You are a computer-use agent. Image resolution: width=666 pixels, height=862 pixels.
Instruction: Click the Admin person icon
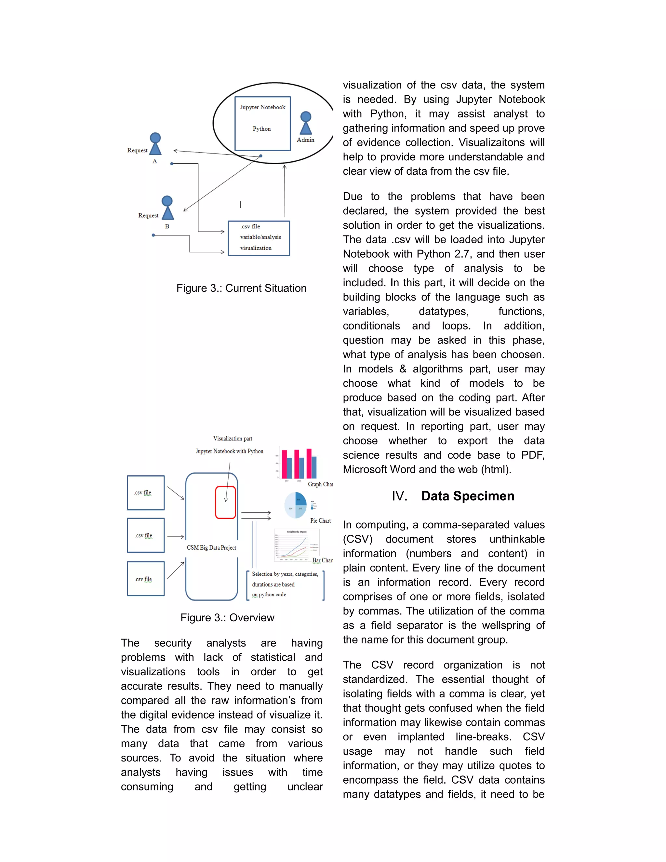[306, 123]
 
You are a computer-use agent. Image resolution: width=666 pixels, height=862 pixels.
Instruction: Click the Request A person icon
[155, 144]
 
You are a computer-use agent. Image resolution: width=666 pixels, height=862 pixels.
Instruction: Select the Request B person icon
[167, 208]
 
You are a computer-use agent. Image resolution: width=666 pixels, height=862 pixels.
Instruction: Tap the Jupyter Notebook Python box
[262, 123]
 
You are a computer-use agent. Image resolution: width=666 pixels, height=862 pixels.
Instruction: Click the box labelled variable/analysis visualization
[259, 238]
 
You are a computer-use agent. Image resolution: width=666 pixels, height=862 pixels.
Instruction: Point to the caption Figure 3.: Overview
[227, 617]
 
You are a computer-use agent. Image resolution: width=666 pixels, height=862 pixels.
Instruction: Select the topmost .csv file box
[146, 492]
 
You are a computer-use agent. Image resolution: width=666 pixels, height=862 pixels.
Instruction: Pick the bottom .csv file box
[146, 579]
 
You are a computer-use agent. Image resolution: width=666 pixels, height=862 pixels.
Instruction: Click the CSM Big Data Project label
[211, 547]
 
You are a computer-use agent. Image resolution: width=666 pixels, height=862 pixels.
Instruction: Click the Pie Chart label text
[320, 520]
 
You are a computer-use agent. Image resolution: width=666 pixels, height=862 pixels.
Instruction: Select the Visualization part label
[233, 438]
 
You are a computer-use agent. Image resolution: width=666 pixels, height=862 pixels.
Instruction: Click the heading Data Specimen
[468, 496]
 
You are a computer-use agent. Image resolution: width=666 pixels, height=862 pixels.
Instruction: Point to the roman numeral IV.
[399, 496]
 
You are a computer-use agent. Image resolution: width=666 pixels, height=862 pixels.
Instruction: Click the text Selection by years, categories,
[285, 574]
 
